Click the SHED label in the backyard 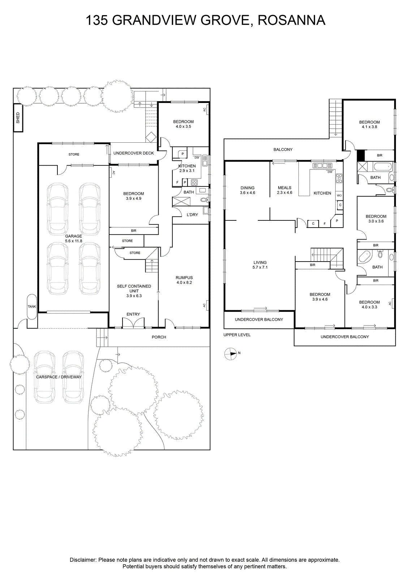click(x=18, y=118)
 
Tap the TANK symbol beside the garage click(x=32, y=307)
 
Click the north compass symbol click(x=230, y=354)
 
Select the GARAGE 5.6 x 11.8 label click(x=74, y=238)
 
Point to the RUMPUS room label click(x=184, y=280)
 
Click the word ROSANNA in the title click(x=291, y=20)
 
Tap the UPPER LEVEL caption click(x=237, y=335)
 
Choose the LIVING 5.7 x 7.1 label click(x=260, y=265)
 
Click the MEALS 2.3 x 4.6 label click(x=285, y=190)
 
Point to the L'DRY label click(x=192, y=215)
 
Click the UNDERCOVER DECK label click(x=134, y=153)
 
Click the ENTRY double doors click(x=133, y=323)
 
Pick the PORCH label click(x=159, y=337)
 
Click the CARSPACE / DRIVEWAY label click(x=59, y=377)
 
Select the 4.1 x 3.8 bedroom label click(x=369, y=124)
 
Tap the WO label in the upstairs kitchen click(x=339, y=195)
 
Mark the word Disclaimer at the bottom click(x=83, y=560)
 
